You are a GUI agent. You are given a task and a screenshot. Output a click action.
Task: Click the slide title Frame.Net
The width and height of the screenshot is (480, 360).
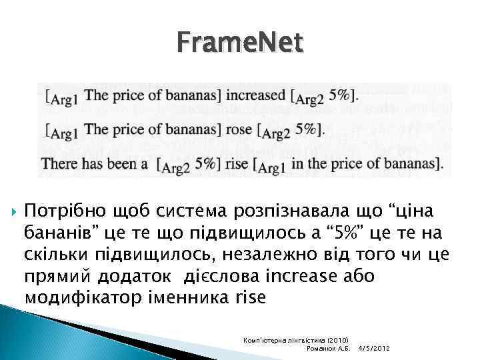point(240,44)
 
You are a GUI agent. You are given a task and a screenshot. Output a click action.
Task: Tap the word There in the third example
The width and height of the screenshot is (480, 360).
point(57,162)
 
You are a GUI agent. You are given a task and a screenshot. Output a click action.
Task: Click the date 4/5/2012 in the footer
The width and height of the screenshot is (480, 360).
point(374,348)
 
